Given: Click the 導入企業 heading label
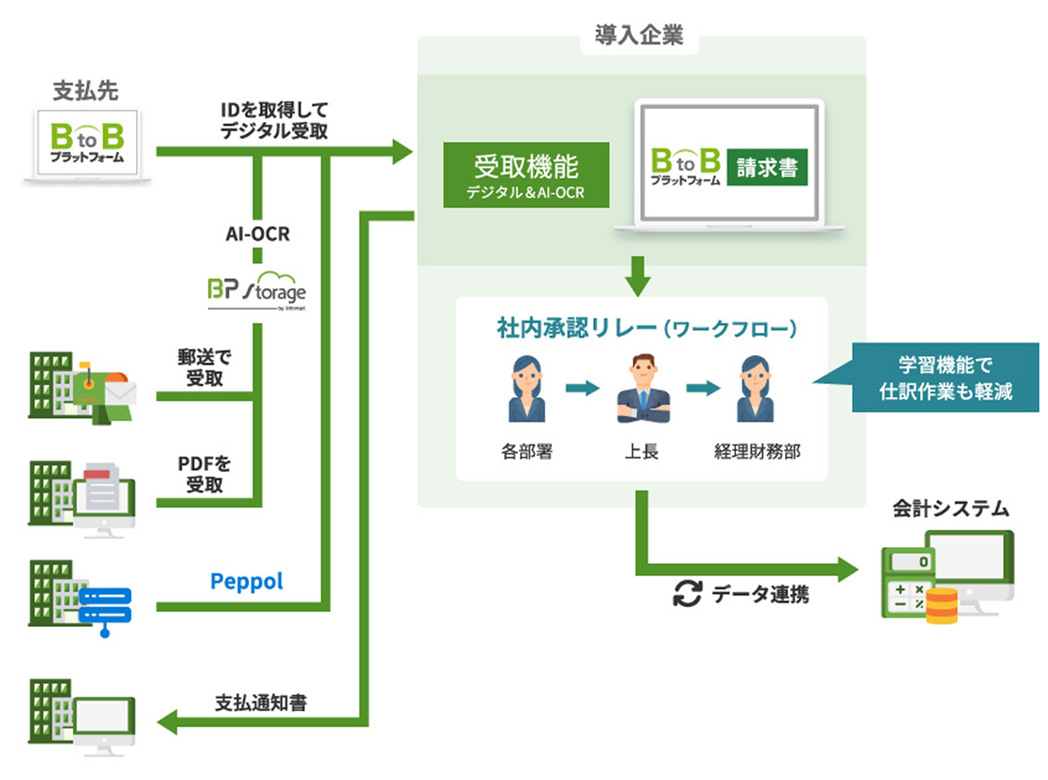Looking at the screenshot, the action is click(x=639, y=35).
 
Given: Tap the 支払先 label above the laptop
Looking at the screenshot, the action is click(x=86, y=91).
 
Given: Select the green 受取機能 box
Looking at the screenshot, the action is click(x=526, y=175).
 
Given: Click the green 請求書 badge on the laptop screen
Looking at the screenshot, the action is click(x=767, y=167).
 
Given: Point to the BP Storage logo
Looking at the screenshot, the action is click(x=256, y=290).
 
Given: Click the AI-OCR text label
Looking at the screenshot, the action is click(x=258, y=234).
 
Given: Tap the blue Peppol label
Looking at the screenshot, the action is click(x=246, y=582).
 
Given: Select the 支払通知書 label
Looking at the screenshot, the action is click(x=261, y=703).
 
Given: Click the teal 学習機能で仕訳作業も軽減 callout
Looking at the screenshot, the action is click(x=945, y=377).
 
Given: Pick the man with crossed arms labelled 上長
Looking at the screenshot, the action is click(x=643, y=389).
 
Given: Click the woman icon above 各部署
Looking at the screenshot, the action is click(x=526, y=389).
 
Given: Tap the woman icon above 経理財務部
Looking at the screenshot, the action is click(x=755, y=389).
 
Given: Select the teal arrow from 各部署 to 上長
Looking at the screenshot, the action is click(x=582, y=388).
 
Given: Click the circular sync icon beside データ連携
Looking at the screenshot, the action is click(x=688, y=594).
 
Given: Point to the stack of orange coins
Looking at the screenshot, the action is click(x=941, y=606).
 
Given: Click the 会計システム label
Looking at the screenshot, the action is click(x=951, y=509).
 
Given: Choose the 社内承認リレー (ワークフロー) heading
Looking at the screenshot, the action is click(x=646, y=328).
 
